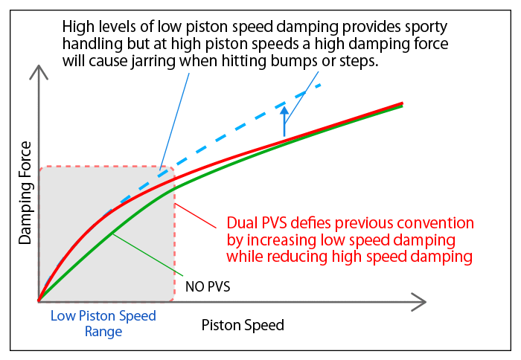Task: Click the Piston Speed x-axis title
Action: (243, 326)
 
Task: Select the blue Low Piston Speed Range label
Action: (103, 324)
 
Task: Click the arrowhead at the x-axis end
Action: (421, 301)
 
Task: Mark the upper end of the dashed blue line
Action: (319, 85)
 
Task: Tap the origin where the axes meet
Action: (37, 301)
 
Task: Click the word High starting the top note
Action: (81, 25)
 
